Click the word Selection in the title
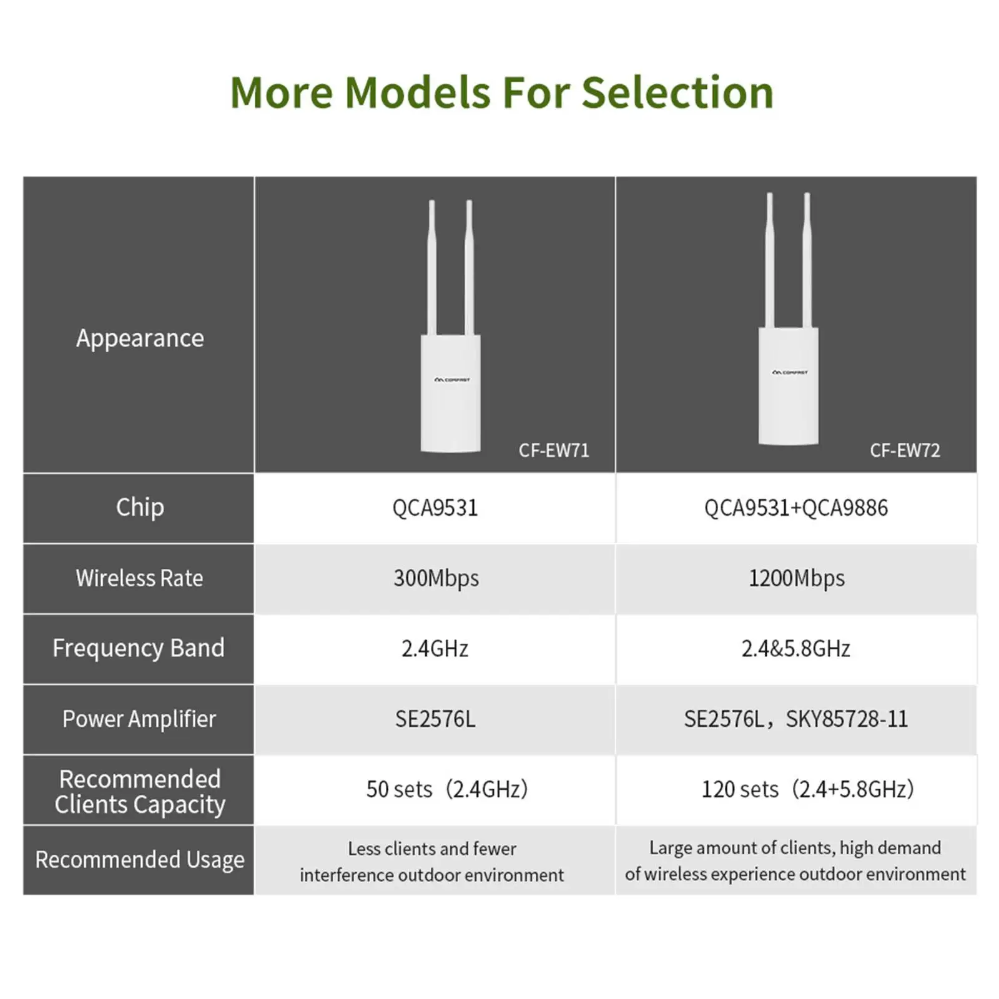[677, 92]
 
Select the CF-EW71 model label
[554, 450]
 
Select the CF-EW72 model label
[905, 450]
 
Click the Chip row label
[140, 508]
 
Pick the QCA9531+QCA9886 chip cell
[796, 508]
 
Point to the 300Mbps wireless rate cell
[436, 579]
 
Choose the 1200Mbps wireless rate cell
[797, 579]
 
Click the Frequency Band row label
[139, 648]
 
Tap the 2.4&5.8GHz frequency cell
[796, 649]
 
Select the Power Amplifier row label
[139, 719]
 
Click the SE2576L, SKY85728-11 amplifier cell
[796, 719]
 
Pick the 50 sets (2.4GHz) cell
[447, 789]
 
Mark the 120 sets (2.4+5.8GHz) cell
[808, 789]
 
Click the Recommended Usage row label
[140, 860]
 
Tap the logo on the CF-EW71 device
[452, 380]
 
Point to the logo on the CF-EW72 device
[790, 372]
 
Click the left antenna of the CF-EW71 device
[431, 268]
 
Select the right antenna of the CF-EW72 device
[807, 261]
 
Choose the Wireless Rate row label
[139, 578]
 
